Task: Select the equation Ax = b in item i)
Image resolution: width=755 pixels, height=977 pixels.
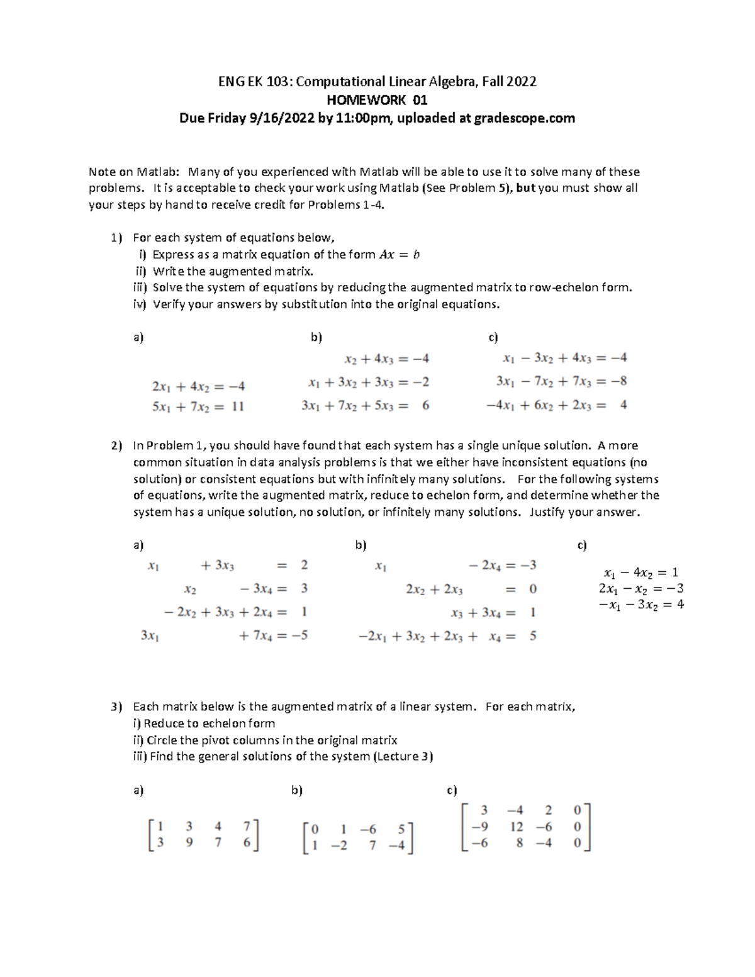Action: click(x=400, y=255)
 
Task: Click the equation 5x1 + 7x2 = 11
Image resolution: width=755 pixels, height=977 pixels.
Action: click(x=198, y=406)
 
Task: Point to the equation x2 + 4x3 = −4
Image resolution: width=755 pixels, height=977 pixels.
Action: click(x=386, y=359)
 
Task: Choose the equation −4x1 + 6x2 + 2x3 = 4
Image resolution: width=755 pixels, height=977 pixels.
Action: click(x=556, y=405)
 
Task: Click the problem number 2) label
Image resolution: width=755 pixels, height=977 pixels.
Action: click(x=116, y=445)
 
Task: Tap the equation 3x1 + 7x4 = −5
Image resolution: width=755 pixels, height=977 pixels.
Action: click(x=225, y=635)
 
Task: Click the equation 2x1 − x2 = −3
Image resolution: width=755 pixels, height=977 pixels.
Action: click(x=641, y=589)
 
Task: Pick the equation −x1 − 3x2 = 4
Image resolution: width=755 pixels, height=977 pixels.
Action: click(x=641, y=605)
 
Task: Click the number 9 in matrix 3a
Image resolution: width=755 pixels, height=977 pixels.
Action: click(x=189, y=843)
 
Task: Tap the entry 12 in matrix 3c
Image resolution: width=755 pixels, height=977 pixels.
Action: click(x=517, y=827)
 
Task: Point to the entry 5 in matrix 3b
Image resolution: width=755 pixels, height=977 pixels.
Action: click(x=401, y=829)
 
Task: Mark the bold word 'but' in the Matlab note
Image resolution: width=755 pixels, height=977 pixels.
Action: click(x=525, y=188)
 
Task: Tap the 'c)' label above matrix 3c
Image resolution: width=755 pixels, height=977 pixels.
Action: click(x=451, y=791)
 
